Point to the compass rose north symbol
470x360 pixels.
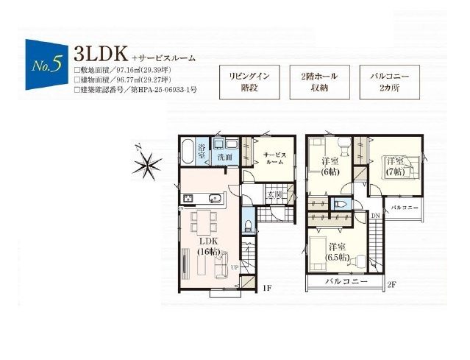(146, 160)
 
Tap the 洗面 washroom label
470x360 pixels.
(224, 157)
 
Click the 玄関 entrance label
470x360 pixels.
(274, 194)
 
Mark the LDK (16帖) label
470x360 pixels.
(208, 246)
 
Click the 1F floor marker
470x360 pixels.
(268, 289)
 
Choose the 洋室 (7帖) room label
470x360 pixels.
(395, 166)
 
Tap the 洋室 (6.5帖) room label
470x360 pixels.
(339, 252)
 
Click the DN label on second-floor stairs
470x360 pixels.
(375, 215)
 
